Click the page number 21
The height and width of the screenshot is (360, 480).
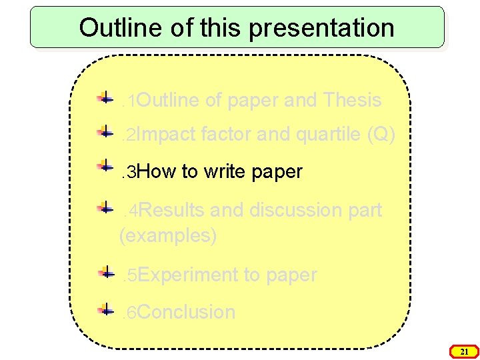[x=465, y=351]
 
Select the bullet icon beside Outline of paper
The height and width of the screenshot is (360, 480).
[x=105, y=98]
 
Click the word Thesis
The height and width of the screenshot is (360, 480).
[x=351, y=101]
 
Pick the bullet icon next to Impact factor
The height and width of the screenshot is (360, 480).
[x=105, y=132]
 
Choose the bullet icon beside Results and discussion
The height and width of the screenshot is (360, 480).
[x=105, y=207]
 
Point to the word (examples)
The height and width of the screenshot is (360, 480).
[x=168, y=236]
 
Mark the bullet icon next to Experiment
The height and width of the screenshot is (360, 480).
[x=105, y=272]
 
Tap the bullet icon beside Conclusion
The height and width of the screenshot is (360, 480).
[x=105, y=309]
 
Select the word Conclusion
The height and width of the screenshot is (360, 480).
[x=187, y=312]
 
